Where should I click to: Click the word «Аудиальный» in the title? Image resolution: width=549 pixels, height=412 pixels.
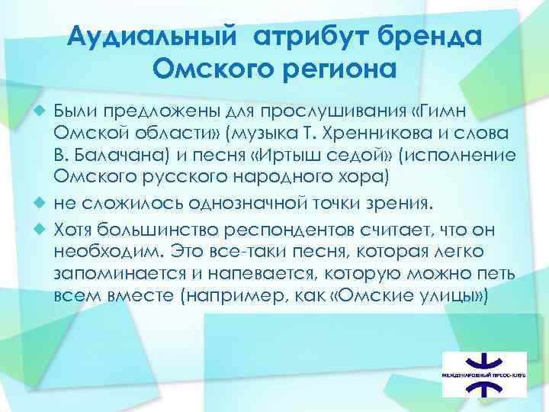click(153, 37)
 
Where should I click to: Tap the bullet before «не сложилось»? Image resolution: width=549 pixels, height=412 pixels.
click(46, 204)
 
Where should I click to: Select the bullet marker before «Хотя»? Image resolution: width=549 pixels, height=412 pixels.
click(46, 227)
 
